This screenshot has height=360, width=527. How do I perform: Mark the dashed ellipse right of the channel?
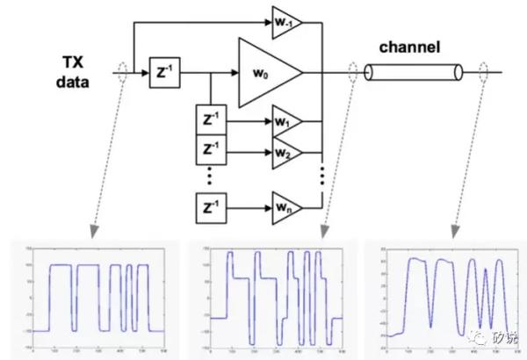[482, 73]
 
